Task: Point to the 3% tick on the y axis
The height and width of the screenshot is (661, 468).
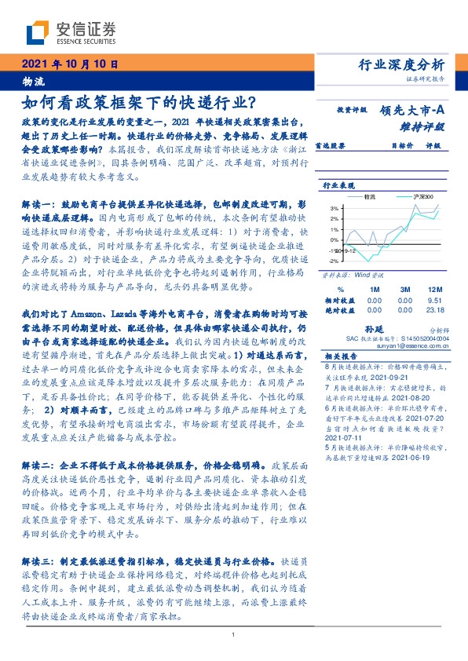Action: [x=334, y=208]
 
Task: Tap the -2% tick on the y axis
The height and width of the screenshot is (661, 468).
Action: [x=333, y=260]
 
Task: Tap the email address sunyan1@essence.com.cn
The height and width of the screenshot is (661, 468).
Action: [x=400, y=345]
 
